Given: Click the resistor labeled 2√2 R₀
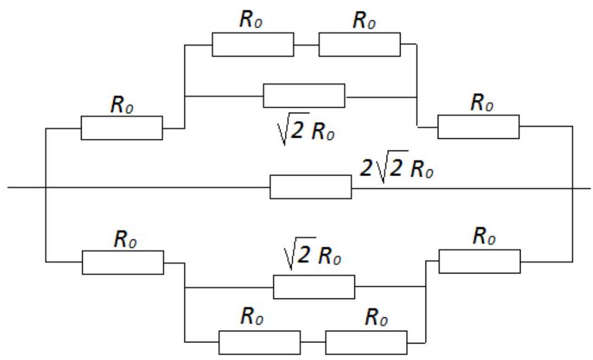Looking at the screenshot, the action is coord(311,186).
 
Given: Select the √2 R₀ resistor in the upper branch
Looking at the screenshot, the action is coord(304,96).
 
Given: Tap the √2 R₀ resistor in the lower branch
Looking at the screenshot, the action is coord(314,287).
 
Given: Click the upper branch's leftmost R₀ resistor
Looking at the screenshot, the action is coord(122,128).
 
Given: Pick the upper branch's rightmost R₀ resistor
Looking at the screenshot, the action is coord(479,127).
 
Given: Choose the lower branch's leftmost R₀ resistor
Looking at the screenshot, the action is coord(123,263).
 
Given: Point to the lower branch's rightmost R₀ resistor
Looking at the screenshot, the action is coord(480,261).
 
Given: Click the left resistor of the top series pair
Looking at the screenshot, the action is coord(253,44).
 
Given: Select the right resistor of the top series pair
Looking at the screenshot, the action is coord(360,44).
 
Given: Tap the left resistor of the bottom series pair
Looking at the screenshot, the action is coord(260,342).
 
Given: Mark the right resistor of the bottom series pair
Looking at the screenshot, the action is coord(367,342).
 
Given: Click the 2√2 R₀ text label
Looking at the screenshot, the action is coord(396,167).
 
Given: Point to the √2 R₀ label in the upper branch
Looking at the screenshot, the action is coord(306,129).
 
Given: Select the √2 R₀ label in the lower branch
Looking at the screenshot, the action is coord(312,253).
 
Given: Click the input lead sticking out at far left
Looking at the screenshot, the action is coord(26,187).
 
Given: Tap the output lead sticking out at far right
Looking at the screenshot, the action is coord(581,188).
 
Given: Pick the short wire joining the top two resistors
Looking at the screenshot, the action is coord(306,45).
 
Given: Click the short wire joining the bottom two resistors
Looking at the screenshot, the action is coord(313,342).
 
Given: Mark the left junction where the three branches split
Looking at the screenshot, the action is coord(46,187).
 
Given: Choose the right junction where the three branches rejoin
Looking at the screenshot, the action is coord(572,188).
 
